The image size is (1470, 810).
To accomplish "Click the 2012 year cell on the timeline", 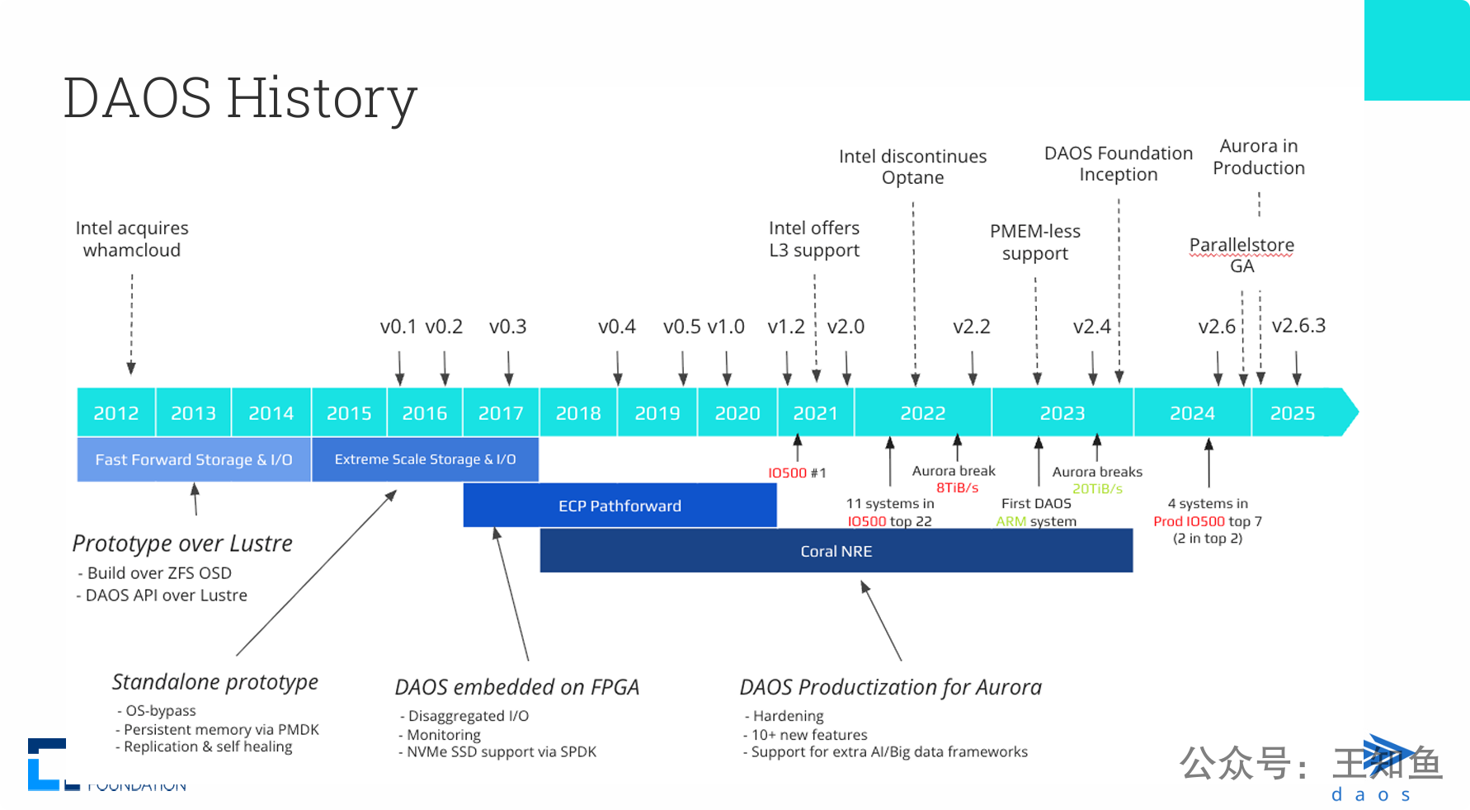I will point(116,412).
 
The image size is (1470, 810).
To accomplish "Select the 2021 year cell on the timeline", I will point(815,412).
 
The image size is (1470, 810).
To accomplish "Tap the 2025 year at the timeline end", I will point(1293,412).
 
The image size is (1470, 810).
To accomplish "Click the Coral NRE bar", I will point(836,551).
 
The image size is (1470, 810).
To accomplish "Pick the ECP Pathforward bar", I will point(620,506).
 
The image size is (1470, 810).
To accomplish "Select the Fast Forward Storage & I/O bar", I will point(194,459).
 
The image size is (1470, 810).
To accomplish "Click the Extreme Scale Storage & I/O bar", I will point(425,459).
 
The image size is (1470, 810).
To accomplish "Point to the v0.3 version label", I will point(507,327).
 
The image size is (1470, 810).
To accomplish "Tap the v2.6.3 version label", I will point(1298,326).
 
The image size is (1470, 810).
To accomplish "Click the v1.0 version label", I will point(726,327).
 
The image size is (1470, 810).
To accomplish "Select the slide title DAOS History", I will point(240,97).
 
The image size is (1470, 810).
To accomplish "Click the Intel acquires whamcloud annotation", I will point(132,239).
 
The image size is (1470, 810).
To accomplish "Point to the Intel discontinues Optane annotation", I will point(912,167).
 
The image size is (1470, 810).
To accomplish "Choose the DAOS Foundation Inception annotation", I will point(1119,163).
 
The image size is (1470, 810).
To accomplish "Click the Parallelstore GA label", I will point(1241,255).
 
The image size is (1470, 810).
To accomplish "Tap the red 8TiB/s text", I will point(957,487).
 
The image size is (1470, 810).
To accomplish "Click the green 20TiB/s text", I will point(1097,488).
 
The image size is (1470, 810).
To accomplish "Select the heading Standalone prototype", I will point(215,682).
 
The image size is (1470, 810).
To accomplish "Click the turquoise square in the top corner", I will point(1416,50).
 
